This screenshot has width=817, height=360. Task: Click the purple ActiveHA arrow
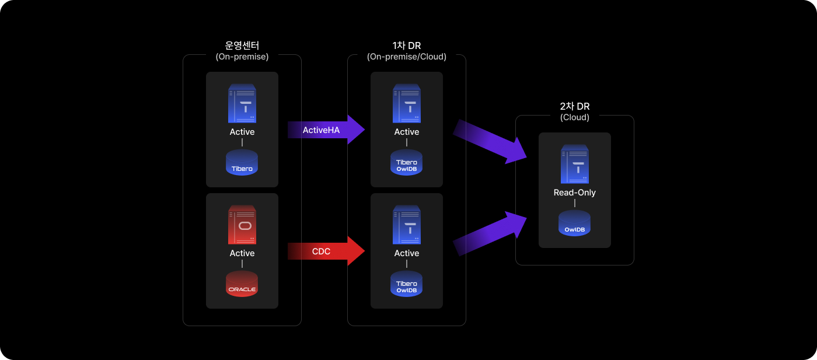[324, 130]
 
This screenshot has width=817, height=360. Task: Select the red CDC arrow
[324, 251]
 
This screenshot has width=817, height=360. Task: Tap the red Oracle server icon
[242, 225]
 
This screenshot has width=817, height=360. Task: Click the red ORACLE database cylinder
[242, 284]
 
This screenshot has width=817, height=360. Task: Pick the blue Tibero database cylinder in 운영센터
[242, 163]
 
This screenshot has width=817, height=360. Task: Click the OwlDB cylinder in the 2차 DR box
[575, 223]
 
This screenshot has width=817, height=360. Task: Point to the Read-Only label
[575, 193]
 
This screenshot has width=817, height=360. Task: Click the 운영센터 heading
[242, 46]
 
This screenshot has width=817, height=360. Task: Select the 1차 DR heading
[407, 46]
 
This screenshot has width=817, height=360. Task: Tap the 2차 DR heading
[575, 106]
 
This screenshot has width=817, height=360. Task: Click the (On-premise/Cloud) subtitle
[407, 57]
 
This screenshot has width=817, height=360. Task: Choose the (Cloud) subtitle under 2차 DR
[575, 117]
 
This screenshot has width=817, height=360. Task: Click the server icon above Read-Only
[575, 164]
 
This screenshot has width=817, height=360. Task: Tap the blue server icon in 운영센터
[242, 103]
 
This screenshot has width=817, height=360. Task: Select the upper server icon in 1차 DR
[407, 103]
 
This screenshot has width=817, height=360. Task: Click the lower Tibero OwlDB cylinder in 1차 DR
[407, 284]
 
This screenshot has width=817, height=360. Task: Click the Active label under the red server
[242, 253]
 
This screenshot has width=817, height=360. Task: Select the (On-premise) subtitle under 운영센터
[242, 57]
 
